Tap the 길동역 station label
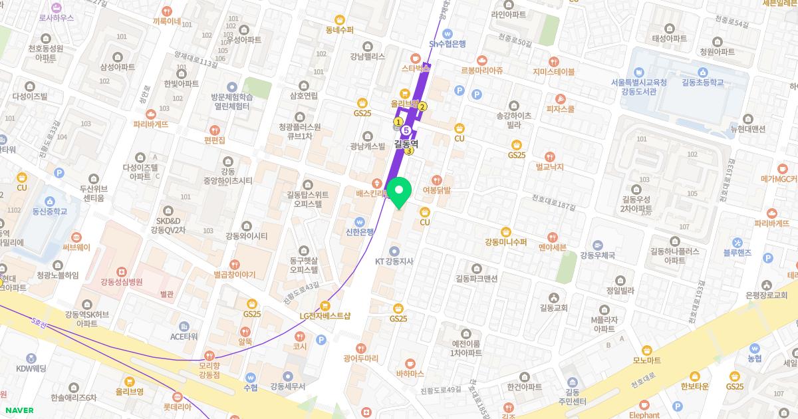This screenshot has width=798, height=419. tap(406, 142)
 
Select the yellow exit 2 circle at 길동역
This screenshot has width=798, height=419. tap(422, 106)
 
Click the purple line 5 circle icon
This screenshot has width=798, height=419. tap(406, 130)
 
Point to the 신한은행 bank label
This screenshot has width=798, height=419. tap(359, 232)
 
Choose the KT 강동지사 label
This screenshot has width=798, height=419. tap(394, 261)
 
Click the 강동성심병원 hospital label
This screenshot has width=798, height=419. tap(122, 281)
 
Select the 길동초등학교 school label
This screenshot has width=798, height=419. tap(704, 82)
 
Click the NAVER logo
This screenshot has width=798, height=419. tap(19, 410)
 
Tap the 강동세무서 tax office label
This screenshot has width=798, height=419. tap(287, 386)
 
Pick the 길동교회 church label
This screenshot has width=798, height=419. tap(553, 307)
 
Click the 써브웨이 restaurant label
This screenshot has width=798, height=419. tap(76, 247)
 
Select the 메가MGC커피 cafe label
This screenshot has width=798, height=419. tap(779, 179)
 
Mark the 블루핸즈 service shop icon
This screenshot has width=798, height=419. tap(737, 242)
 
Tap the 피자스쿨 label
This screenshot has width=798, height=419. tap(560, 109)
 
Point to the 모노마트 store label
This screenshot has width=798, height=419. tap(646, 360)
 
